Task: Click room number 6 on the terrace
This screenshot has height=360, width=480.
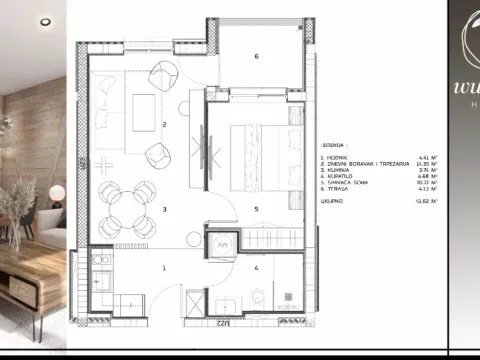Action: click(257, 57)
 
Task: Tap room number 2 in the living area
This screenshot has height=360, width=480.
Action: click(163, 125)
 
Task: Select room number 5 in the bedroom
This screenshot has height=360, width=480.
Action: click(257, 209)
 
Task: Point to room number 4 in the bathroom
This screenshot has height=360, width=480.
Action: click(256, 268)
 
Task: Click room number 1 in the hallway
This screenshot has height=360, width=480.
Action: click(164, 268)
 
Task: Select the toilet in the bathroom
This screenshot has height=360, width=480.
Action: click(258, 297)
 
